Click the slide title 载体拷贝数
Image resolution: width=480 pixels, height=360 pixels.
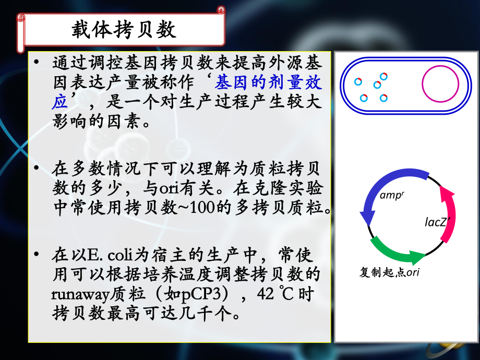[124, 29]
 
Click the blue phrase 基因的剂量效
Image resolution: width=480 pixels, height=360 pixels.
[269, 82]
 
